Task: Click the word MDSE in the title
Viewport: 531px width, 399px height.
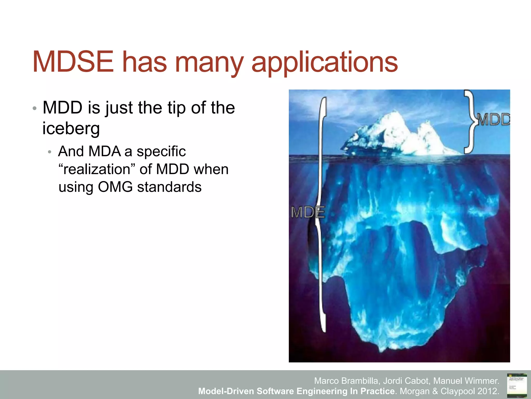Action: (73, 62)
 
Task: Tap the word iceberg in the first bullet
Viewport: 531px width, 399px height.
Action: (71, 128)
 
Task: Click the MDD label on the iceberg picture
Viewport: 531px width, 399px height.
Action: (493, 120)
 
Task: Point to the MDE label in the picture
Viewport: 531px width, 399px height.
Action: (308, 212)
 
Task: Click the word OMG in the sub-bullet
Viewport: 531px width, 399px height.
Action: (115, 187)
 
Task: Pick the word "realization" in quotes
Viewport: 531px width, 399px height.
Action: (97, 169)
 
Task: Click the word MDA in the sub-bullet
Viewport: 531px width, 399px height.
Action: (104, 151)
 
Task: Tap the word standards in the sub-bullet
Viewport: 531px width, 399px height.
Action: (169, 187)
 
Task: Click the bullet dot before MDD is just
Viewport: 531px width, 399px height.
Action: (34, 108)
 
